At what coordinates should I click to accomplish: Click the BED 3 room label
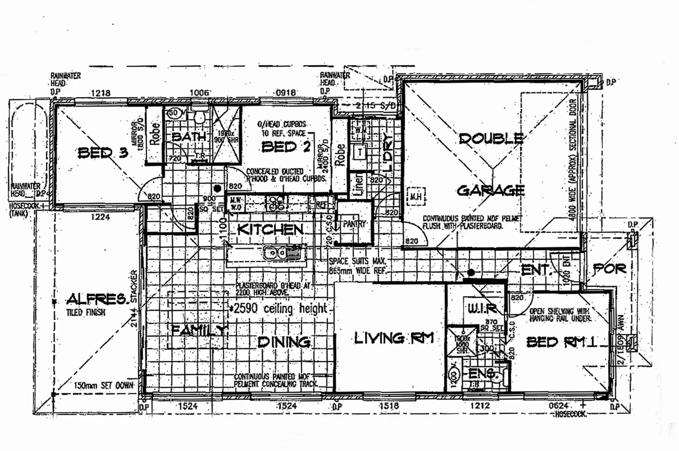(103, 153)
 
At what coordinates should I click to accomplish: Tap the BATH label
(189, 137)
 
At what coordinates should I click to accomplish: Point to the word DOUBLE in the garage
(491, 138)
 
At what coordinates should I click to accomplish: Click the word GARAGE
(490, 190)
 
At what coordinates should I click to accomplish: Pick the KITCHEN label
(270, 229)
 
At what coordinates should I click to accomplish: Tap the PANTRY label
(354, 224)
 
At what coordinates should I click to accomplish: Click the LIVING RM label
(394, 338)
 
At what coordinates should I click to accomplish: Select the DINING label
(284, 342)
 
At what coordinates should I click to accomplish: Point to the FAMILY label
(199, 330)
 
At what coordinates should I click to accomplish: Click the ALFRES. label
(96, 299)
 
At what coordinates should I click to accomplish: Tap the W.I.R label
(482, 309)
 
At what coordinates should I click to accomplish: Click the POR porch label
(609, 269)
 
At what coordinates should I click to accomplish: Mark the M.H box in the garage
(416, 195)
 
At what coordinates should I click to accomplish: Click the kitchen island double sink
(275, 253)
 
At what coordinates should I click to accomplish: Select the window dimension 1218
(101, 93)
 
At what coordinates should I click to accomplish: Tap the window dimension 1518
(389, 405)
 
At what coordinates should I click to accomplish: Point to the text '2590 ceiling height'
(280, 309)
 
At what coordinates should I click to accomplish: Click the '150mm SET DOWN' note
(103, 385)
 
